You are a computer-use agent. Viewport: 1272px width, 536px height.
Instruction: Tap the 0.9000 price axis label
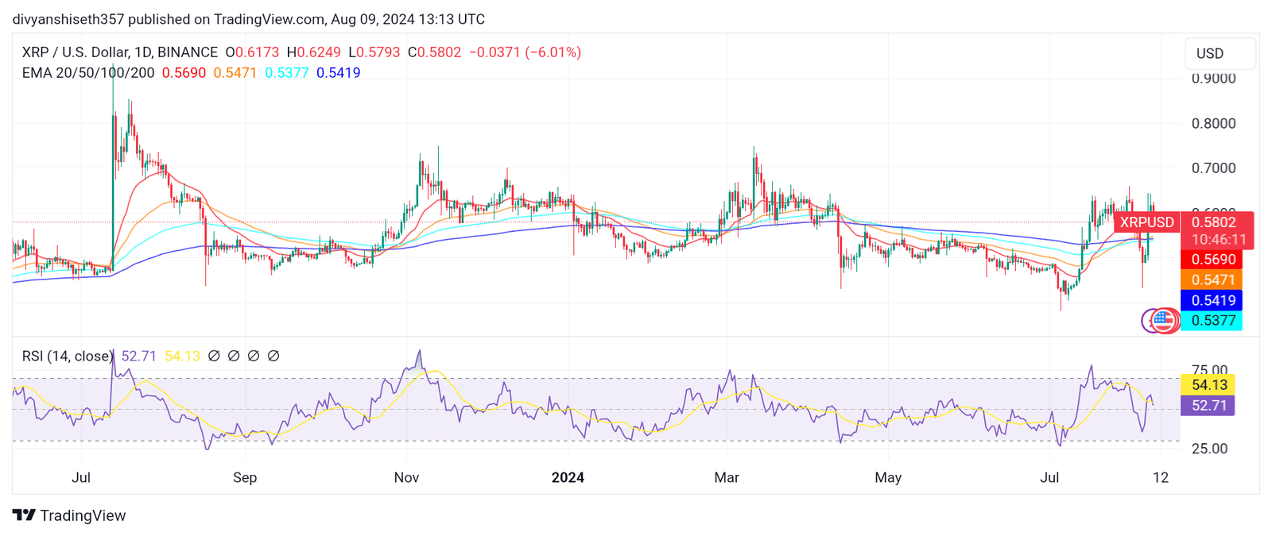pyautogui.click(x=1213, y=78)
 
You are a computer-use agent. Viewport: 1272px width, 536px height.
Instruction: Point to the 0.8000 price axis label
pyautogui.click(x=1213, y=123)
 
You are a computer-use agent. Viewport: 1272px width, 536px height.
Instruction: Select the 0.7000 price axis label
pyautogui.click(x=1213, y=168)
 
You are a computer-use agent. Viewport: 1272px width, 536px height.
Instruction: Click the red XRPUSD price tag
pyautogui.click(x=1146, y=222)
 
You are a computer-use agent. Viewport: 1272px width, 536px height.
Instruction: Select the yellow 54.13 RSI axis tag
pyautogui.click(x=1209, y=385)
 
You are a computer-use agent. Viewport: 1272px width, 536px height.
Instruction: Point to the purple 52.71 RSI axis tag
pyautogui.click(x=1209, y=406)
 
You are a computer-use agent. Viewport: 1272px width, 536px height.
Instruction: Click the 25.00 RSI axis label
pyautogui.click(x=1209, y=449)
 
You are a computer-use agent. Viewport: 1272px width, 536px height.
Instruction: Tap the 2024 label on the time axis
pyautogui.click(x=568, y=477)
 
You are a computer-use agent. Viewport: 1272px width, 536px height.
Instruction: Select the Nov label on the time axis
pyautogui.click(x=406, y=477)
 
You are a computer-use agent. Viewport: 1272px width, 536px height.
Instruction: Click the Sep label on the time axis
pyautogui.click(x=245, y=477)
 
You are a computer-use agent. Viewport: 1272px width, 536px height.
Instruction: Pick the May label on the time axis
pyautogui.click(x=888, y=477)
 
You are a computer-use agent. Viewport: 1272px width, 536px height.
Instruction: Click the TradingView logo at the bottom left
pyautogui.click(x=69, y=515)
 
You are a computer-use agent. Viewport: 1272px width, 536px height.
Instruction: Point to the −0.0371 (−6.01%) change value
pyautogui.click(x=525, y=52)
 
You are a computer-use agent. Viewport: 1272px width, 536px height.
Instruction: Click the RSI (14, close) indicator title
pyautogui.click(x=68, y=357)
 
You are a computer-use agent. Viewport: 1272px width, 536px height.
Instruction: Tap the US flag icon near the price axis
pyautogui.click(x=1164, y=320)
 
